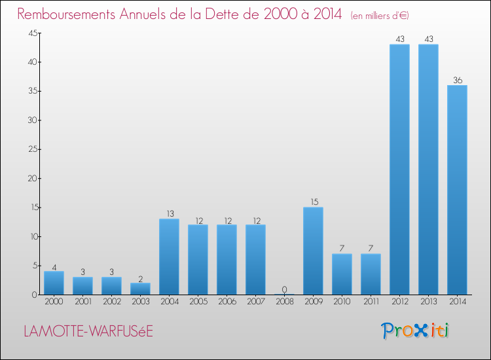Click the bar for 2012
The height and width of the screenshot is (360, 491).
coord(399,170)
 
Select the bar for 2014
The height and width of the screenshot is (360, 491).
coord(457,190)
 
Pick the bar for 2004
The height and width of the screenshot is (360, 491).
coord(169,257)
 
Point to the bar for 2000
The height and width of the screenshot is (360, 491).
coord(54,283)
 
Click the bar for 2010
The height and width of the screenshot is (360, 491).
coord(342,274)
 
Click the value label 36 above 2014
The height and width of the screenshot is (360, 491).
coord(457,81)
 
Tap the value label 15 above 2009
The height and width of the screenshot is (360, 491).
coord(313,202)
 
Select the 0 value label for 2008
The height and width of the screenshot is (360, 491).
coord(284,289)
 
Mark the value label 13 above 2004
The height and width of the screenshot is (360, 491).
coord(169,214)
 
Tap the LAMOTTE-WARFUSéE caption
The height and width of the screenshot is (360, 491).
coord(88,331)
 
